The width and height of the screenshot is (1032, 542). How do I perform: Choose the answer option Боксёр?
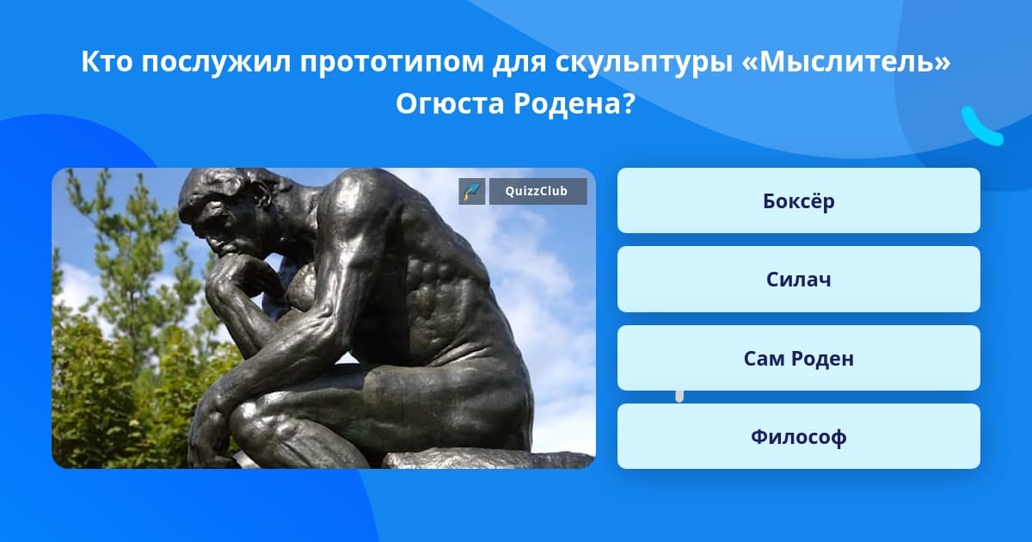(x=798, y=200)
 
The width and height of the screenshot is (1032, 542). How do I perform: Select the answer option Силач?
(x=798, y=280)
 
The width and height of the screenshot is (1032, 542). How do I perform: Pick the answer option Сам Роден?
(x=798, y=358)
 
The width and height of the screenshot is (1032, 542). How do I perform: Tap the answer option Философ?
(x=798, y=436)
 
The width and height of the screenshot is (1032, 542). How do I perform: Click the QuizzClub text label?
(x=537, y=191)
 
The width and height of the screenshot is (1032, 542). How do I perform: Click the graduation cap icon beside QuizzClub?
(x=472, y=191)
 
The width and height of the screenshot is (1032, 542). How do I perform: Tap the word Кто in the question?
(x=107, y=61)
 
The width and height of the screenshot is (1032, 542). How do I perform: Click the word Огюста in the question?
(x=450, y=104)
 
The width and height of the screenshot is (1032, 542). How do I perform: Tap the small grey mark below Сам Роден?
(x=679, y=397)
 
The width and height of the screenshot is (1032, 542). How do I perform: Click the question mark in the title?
(x=629, y=104)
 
